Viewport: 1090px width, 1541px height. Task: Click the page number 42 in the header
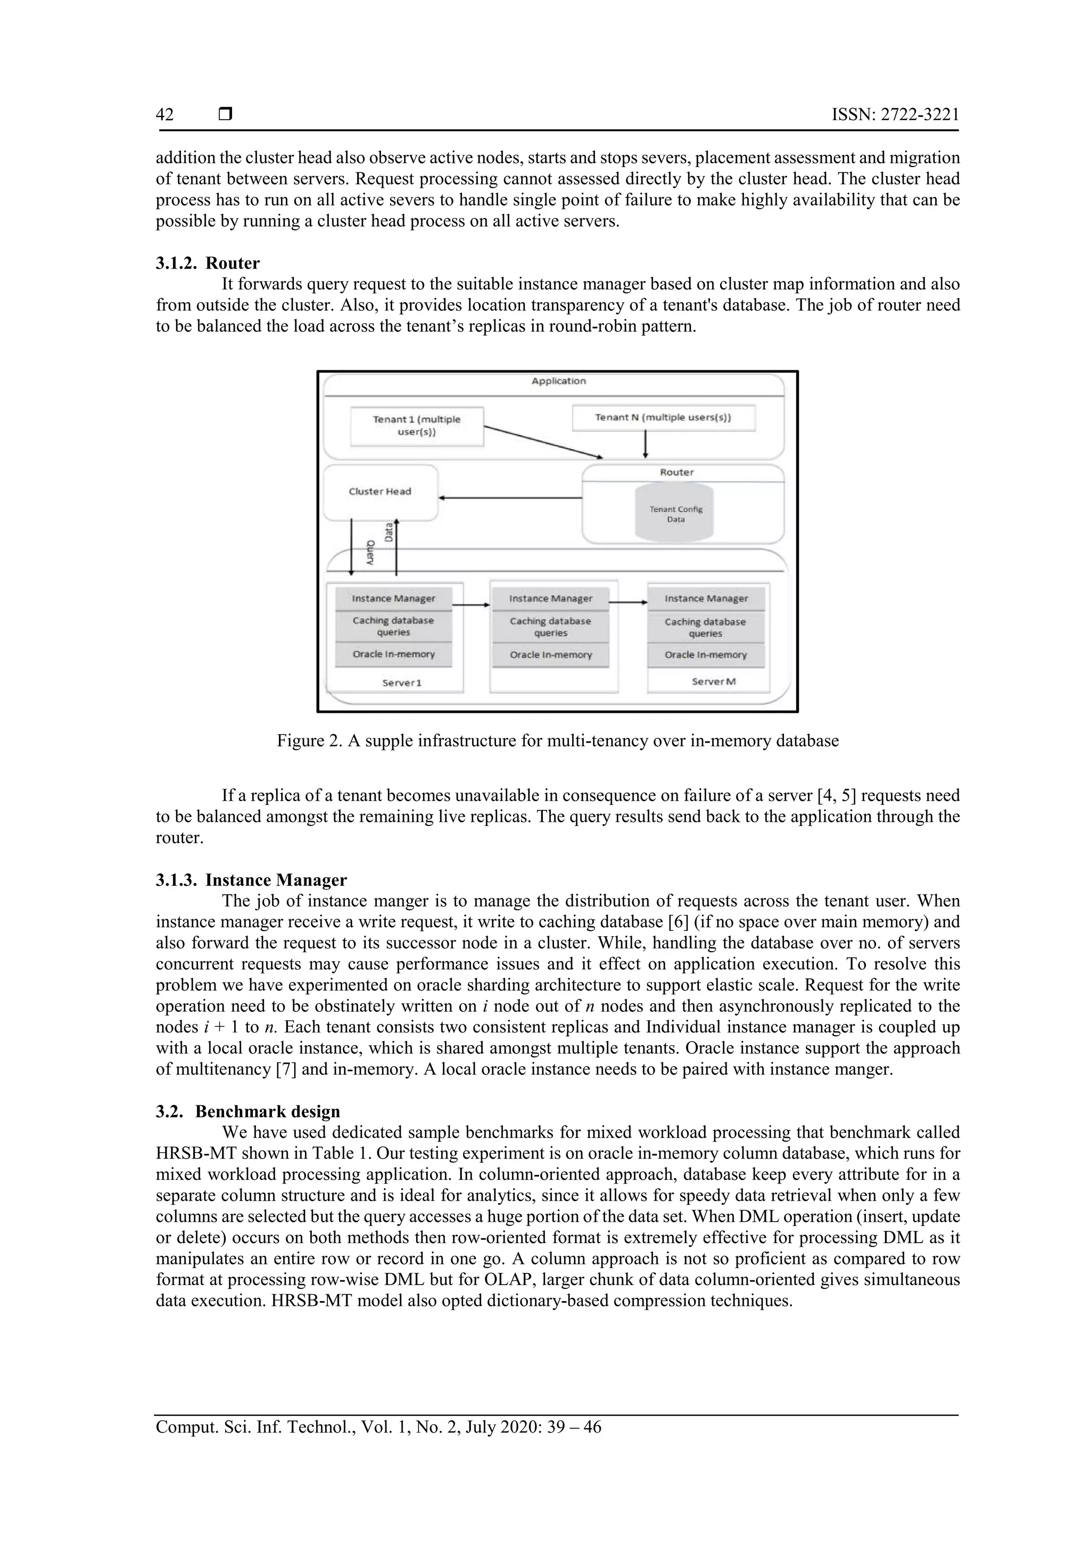click(x=164, y=115)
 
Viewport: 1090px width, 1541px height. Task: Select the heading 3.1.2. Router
click(x=208, y=263)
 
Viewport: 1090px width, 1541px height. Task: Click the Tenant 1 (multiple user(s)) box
click(x=416, y=426)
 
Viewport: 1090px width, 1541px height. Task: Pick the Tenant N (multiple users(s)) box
click(x=663, y=418)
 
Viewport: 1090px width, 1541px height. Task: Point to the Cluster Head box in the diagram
click(x=380, y=492)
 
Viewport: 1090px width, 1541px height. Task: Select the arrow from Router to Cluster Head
click(x=510, y=498)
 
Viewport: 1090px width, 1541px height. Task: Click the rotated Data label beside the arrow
click(x=388, y=532)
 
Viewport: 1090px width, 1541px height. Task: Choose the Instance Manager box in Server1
click(x=393, y=598)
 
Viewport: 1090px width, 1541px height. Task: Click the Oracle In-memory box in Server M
click(x=705, y=655)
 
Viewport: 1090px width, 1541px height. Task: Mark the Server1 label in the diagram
click(x=402, y=682)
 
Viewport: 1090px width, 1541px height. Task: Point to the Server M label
click(x=713, y=681)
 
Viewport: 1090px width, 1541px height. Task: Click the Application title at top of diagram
click(x=558, y=381)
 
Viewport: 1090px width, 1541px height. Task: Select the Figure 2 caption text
click(x=557, y=741)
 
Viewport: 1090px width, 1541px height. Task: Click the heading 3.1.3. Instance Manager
click(x=251, y=880)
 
